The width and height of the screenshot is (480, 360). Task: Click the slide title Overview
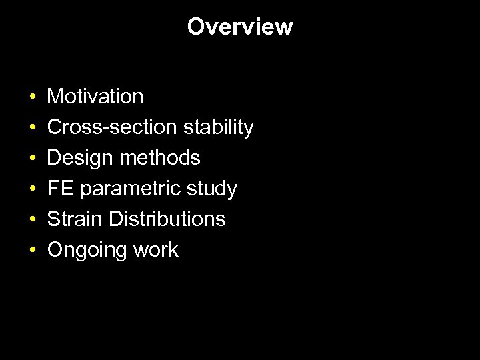coord(240,27)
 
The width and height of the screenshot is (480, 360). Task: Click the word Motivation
coord(95,97)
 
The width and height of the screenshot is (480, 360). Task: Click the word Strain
coord(75,219)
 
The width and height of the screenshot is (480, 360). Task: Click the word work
coord(155,250)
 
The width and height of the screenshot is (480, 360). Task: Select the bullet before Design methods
coord(33,159)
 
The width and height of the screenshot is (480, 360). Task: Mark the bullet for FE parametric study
coord(33,189)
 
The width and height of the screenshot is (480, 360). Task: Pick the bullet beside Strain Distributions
coord(33,220)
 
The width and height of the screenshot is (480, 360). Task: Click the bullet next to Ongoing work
coord(33,251)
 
